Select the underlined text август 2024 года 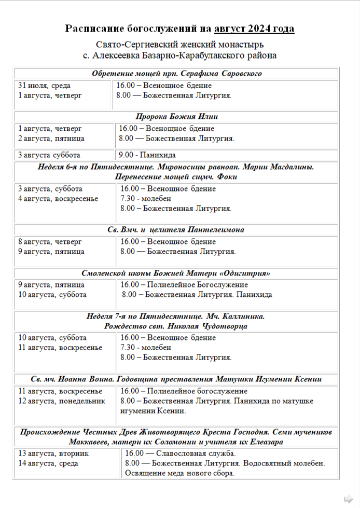click(x=254, y=29)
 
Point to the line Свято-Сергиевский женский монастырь click(x=179, y=45)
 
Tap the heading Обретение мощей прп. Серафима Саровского click(x=177, y=74)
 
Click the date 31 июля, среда click(x=45, y=86)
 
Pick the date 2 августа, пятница click(x=51, y=139)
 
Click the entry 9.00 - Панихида click(x=147, y=155)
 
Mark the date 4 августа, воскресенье click(x=58, y=199)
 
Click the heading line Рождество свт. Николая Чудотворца click(x=176, y=326)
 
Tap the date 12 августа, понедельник click(x=62, y=401)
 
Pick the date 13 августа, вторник click(x=53, y=454)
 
